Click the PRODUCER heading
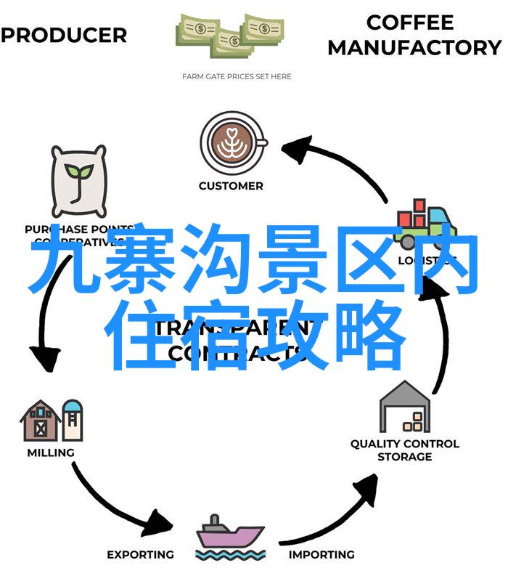tap(64, 35)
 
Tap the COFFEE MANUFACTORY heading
tap(414, 35)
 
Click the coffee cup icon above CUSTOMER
tap(231, 142)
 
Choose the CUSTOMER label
tap(231, 186)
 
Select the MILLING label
tap(51, 453)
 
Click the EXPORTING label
tap(140, 554)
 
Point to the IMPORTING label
tap(321, 554)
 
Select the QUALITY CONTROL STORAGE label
tap(404, 450)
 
